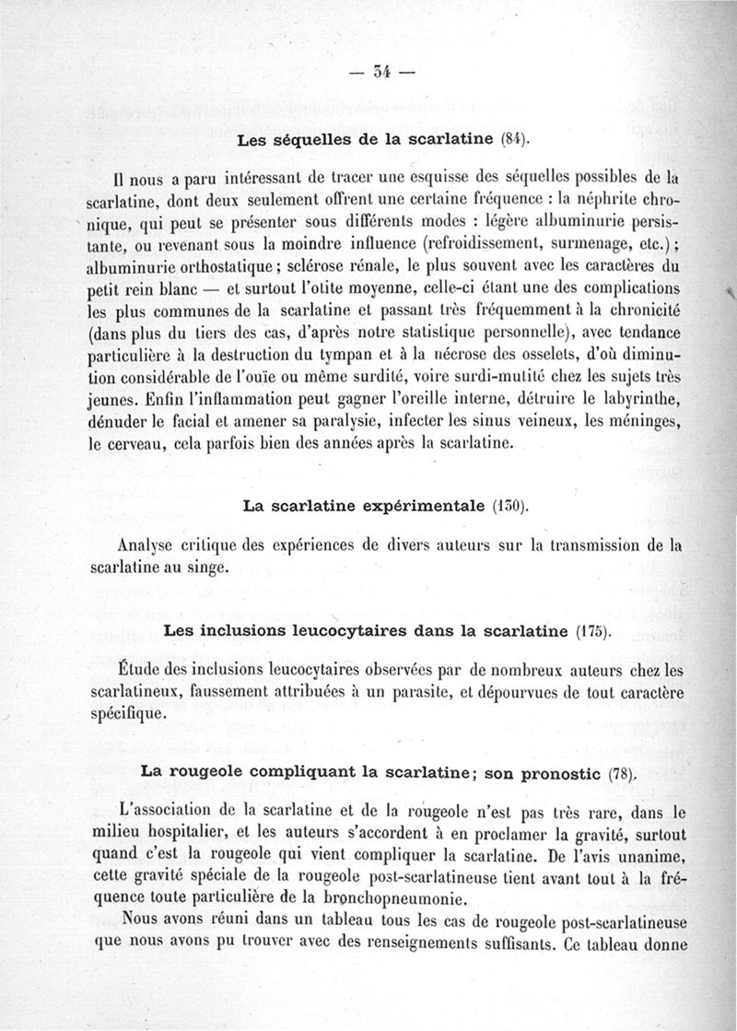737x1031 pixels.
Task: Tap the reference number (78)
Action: (x=624, y=774)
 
